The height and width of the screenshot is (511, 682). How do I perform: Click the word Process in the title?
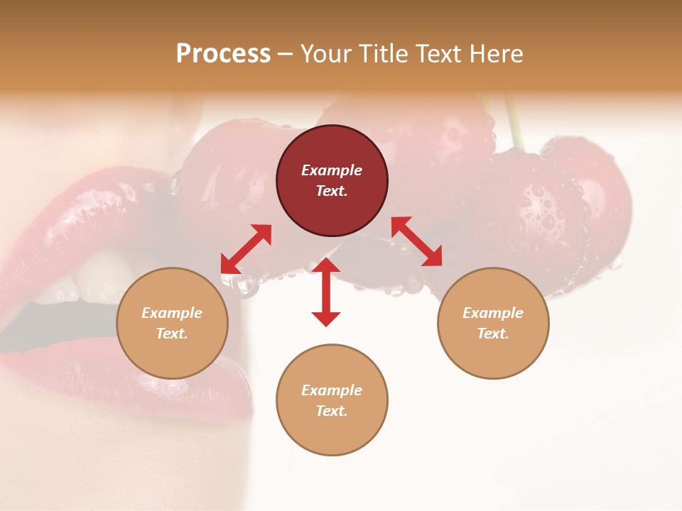click(223, 54)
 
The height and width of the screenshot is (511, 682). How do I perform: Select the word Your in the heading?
click(327, 54)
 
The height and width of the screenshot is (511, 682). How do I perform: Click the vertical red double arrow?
click(326, 292)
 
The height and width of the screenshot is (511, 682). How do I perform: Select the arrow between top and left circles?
click(246, 248)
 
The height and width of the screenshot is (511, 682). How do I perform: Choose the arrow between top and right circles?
click(416, 241)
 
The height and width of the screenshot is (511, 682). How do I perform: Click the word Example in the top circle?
click(332, 170)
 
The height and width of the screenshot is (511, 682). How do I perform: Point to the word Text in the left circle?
click(172, 334)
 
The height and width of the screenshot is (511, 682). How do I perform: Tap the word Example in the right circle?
click(493, 313)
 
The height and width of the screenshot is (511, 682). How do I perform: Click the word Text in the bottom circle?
click(332, 411)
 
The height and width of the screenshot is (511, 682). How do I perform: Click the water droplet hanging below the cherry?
click(245, 285)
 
